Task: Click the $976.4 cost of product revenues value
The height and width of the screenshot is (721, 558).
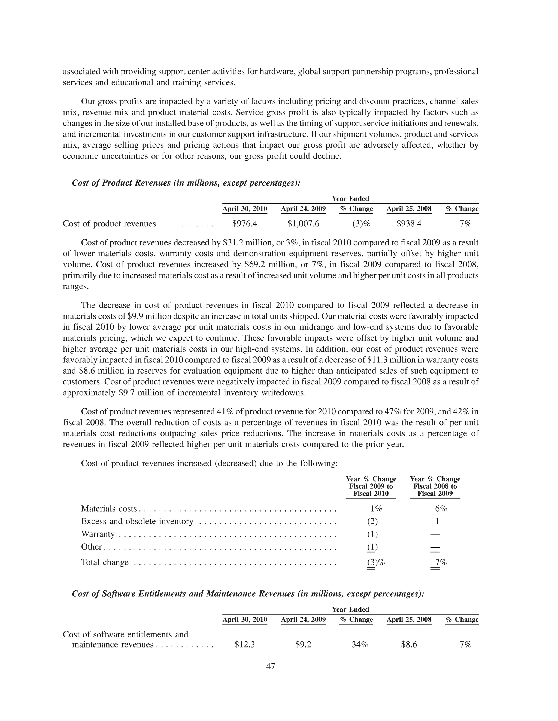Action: (245, 224)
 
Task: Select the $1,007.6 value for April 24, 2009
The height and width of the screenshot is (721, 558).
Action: (303, 224)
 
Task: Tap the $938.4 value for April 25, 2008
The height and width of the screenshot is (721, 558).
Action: (409, 224)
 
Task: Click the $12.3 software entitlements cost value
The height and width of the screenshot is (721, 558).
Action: (245, 644)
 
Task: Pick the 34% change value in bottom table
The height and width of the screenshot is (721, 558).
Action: (360, 644)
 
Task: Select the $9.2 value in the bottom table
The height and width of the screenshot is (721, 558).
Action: (303, 644)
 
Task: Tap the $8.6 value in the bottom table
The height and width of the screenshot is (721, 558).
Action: (409, 644)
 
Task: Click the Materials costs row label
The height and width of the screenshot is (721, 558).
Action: (109, 509)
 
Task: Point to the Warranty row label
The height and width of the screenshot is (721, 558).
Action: (98, 534)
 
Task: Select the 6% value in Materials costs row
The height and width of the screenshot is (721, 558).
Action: (441, 509)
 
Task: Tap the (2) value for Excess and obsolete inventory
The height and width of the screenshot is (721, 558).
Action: (372, 521)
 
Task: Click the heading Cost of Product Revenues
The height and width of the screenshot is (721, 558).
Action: (186, 183)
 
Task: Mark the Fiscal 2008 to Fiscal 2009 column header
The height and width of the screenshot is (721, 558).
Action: (435, 486)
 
